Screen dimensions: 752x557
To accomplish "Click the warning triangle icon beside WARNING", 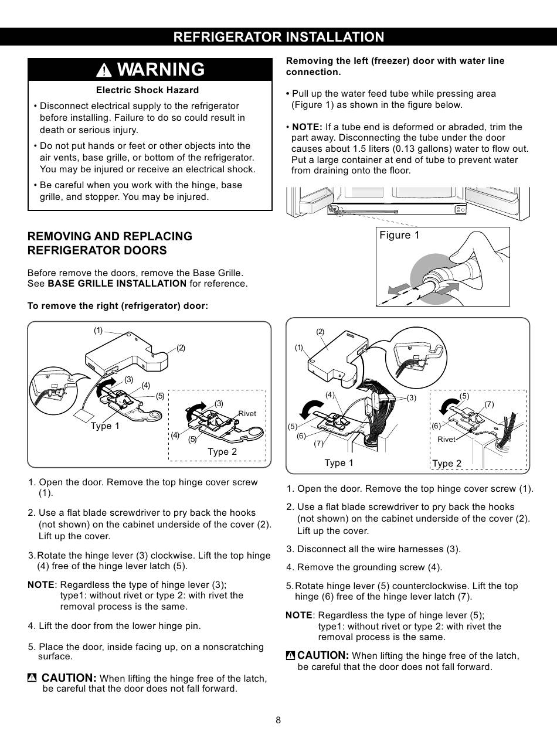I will click(104, 70).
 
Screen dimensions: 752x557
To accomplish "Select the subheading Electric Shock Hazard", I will click(147, 90).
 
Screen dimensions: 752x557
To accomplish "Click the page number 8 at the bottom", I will click(278, 720).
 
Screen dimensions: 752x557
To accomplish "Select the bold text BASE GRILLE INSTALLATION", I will click(117, 284).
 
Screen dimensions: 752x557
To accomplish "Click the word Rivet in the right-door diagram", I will click(247, 414).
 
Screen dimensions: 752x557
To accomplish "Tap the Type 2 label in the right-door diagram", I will click(222, 451).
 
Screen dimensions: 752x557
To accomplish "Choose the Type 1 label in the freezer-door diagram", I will click(339, 463).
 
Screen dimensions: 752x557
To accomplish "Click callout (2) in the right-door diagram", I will click(181, 348).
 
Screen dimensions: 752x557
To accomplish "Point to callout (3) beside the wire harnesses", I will click(411, 398).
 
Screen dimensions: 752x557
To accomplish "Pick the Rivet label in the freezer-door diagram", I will click(446, 440).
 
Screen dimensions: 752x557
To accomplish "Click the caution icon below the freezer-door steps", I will click(290, 655).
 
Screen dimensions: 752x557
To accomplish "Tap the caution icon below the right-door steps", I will click(32, 678).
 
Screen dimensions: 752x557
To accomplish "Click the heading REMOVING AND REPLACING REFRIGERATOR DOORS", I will click(110, 243).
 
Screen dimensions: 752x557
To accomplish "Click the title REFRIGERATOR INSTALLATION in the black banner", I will click(278, 37).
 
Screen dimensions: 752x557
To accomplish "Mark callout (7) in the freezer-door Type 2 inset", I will click(490, 404).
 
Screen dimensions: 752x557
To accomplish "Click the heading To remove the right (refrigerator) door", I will click(118, 306).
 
